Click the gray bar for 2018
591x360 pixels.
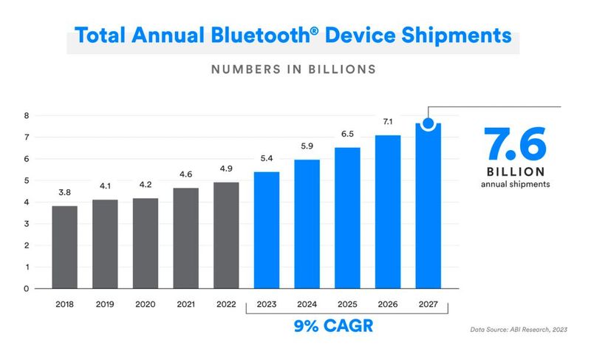coord(65,247)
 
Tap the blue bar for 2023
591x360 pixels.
coord(267,230)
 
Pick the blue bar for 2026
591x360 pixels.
coord(389,211)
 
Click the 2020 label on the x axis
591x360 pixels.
coord(146,303)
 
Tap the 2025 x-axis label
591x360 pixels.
coord(348,303)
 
